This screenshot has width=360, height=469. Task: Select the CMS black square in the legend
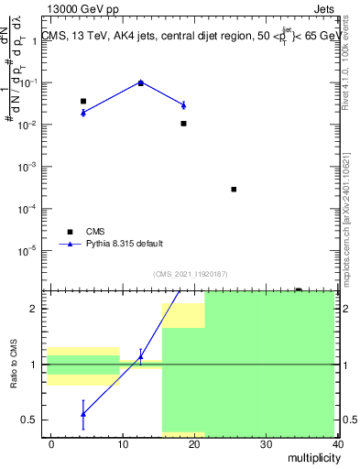tap(69, 232)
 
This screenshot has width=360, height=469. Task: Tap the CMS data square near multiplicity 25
tap(234, 190)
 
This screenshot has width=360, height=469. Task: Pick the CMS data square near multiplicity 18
tap(183, 123)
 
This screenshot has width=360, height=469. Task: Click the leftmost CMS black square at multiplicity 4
tap(83, 101)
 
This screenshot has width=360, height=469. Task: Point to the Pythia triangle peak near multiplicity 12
tap(140, 82)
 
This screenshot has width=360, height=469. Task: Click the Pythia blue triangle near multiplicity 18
tap(183, 105)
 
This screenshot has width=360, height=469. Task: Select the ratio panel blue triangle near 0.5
tap(83, 414)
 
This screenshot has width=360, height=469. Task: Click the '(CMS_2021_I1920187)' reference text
tap(190, 274)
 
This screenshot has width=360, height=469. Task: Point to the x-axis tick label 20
tap(194, 445)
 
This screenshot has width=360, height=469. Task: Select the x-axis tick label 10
tap(123, 445)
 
